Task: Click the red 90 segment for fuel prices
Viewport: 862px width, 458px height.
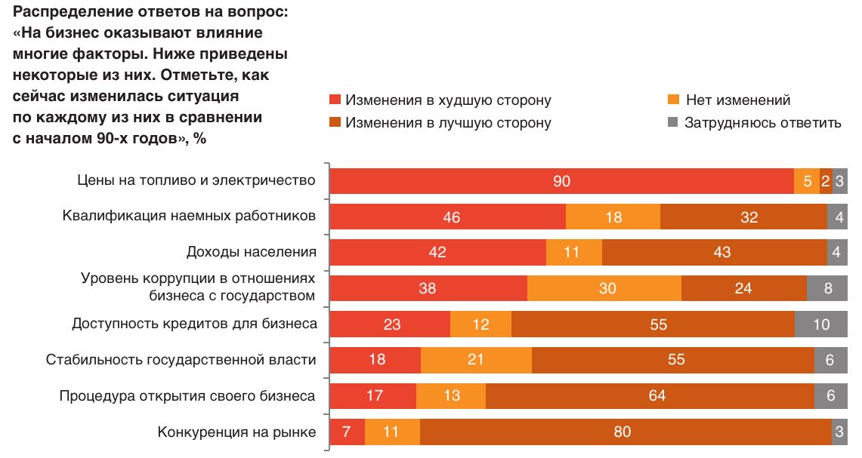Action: coord(561,181)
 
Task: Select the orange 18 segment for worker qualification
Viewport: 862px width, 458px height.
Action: coord(613,217)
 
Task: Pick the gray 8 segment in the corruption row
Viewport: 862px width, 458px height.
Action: coord(826,287)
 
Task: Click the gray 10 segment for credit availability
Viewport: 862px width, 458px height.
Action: coord(820,324)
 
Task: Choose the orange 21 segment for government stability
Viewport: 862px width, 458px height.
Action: coord(476,360)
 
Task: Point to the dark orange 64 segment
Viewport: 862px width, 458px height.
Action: coord(650,395)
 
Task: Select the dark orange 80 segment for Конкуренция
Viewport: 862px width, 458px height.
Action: coord(626,432)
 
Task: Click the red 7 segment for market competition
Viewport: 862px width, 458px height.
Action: coord(348,432)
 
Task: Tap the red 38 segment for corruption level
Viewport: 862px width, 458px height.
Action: coord(428,287)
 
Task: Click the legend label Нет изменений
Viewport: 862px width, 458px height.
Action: coord(737,100)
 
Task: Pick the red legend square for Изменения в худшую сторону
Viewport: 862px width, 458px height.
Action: coord(335,100)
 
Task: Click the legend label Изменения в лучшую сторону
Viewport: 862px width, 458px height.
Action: coord(448,123)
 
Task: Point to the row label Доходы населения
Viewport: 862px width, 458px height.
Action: coord(251,252)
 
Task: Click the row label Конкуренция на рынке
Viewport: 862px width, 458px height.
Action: coord(236,432)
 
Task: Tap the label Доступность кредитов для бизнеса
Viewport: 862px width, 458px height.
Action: coord(194,324)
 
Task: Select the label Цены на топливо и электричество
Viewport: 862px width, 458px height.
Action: coord(196,180)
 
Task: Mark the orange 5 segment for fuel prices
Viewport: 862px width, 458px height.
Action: coord(807,181)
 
